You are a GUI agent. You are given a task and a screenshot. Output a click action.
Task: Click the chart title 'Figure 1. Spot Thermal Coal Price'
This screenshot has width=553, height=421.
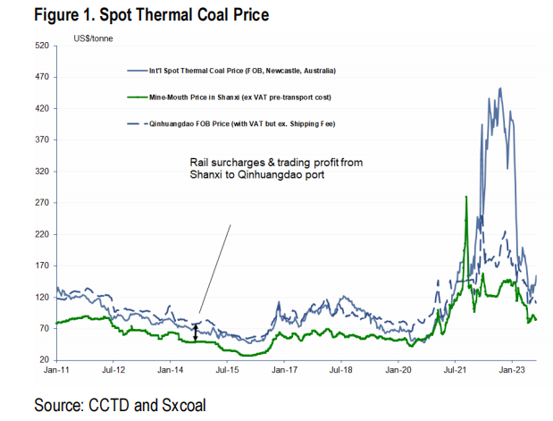point(138,15)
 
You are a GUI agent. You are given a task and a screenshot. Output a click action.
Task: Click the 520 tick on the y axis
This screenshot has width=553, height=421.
point(41,46)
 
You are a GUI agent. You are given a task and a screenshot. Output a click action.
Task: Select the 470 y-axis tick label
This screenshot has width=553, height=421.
point(41,77)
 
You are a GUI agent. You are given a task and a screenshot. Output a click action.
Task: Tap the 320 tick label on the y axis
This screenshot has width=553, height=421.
point(41,171)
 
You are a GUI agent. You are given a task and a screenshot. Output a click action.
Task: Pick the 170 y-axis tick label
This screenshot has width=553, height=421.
point(41,265)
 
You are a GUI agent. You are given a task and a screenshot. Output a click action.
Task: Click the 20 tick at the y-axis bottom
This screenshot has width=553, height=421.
point(43,359)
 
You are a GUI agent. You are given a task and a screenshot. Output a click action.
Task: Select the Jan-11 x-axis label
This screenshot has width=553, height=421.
point(55,368)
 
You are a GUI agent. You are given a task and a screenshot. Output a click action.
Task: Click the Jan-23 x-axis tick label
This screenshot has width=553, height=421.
point(511,368)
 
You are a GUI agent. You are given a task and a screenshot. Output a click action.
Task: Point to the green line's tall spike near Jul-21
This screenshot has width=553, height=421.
point(466,198)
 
